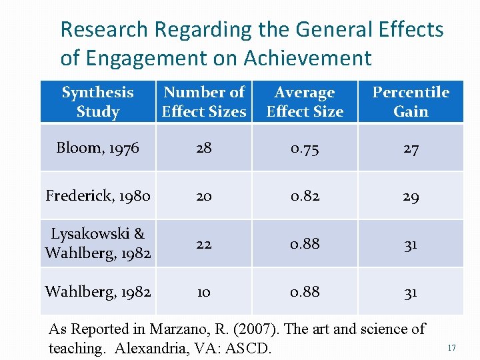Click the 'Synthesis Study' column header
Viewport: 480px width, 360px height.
point(97,102)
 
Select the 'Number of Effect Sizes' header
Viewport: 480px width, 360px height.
point(204,102)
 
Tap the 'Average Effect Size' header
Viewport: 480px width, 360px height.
point(305,102)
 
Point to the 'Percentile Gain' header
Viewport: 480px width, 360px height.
point(411,102)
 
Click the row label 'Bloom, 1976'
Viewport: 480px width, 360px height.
point(97,148)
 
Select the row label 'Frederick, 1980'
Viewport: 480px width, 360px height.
point(97,196)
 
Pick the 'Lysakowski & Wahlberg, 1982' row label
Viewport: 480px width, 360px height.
point(97,244)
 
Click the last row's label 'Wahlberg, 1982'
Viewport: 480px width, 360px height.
point(97,292)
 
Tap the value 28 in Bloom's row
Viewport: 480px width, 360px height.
point(204,148)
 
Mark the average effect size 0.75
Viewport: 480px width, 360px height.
point(305,148)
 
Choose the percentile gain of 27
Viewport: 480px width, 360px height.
point(411,148)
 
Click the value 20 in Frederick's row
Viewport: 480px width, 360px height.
point(204,196)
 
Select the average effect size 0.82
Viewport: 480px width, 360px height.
point(305,196)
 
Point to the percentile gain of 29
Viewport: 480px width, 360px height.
point(411,196)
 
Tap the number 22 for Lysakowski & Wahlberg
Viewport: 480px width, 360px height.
point(204,244)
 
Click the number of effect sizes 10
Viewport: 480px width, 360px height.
point(204,292)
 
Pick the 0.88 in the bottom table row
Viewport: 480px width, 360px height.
point(305,292)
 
